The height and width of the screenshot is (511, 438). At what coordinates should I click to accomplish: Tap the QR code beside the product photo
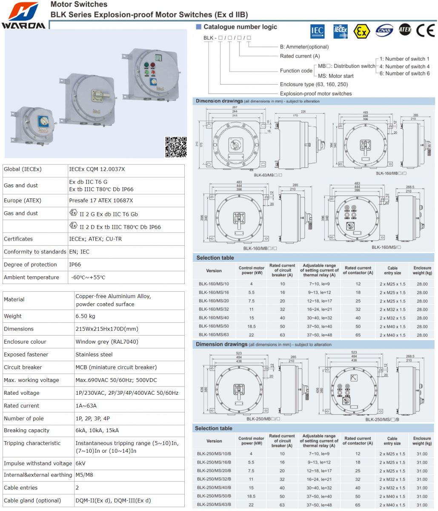point(176,147)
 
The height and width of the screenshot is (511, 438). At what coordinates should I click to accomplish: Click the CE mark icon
point(425,30)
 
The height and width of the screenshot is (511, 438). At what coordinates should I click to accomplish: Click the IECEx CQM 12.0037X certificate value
point(97,169)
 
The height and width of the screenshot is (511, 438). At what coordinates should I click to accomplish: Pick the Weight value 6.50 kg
point(85,316)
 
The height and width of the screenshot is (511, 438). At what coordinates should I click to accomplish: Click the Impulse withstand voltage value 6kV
point(80,463)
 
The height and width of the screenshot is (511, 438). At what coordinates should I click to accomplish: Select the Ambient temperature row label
point(31,277)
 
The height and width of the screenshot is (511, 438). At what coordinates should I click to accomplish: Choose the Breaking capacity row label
point(26,431)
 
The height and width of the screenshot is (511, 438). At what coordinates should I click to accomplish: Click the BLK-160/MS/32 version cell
point(214,310)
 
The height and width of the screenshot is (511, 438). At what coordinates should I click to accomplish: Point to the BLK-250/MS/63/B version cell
point(214,505)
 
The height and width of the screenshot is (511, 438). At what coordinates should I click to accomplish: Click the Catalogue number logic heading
point(240,27)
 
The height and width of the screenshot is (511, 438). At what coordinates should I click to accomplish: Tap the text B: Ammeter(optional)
point(304,47)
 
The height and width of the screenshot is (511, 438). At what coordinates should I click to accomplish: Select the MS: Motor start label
point(335,76)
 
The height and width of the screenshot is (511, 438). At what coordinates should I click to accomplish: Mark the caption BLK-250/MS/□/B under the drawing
point(382,419)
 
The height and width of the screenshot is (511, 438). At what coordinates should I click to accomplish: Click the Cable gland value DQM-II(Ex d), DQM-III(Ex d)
point(113,500)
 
